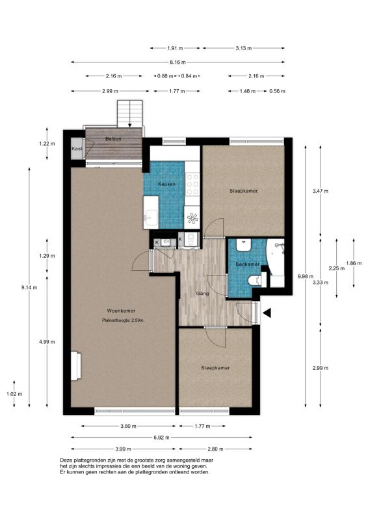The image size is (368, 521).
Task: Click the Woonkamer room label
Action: tap(121, 311)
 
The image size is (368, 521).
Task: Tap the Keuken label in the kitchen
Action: tap(166, 184)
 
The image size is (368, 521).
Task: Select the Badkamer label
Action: tap(248, 264)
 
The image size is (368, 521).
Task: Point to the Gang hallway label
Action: tap(202, 294)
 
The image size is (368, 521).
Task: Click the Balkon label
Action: tap(113, 139)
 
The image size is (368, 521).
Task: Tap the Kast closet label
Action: tap(77, 149)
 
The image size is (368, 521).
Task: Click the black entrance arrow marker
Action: tap(267, 313)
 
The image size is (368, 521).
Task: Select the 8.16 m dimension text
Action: tap(177, 62)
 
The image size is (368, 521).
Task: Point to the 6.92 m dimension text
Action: tap(162, 438)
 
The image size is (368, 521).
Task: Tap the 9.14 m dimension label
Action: tap(29, 288)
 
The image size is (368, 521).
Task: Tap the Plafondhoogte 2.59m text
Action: tap(123, 320)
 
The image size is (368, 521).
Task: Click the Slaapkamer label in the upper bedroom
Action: tap(244, 191)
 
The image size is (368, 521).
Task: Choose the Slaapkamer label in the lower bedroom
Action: tap(215, 368)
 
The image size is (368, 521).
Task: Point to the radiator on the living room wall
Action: tap(76, 366)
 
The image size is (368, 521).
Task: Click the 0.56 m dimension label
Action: tap(277, 91)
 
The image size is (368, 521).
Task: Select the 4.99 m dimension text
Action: tap(46, 342)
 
